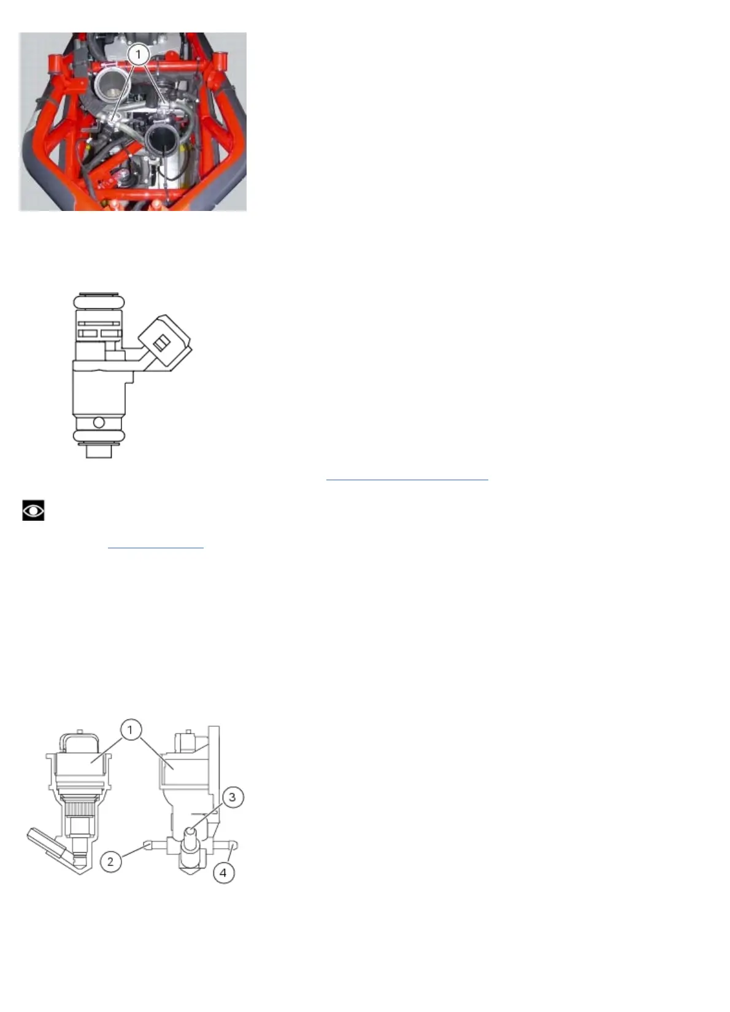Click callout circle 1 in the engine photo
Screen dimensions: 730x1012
[138, 55]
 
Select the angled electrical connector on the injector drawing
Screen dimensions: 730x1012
[164, 342]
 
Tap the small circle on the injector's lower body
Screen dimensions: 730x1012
[98, 423]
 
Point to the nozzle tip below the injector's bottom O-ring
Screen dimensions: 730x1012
[99, 451]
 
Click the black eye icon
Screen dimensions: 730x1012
[33, 510]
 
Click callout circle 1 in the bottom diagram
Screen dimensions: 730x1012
[130, 730]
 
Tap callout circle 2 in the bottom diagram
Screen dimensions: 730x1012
[110, 861]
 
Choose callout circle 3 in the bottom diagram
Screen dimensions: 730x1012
[232, 797]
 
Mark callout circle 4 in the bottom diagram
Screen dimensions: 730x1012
[223, 872]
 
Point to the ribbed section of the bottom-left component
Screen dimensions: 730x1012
[79, 807]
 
